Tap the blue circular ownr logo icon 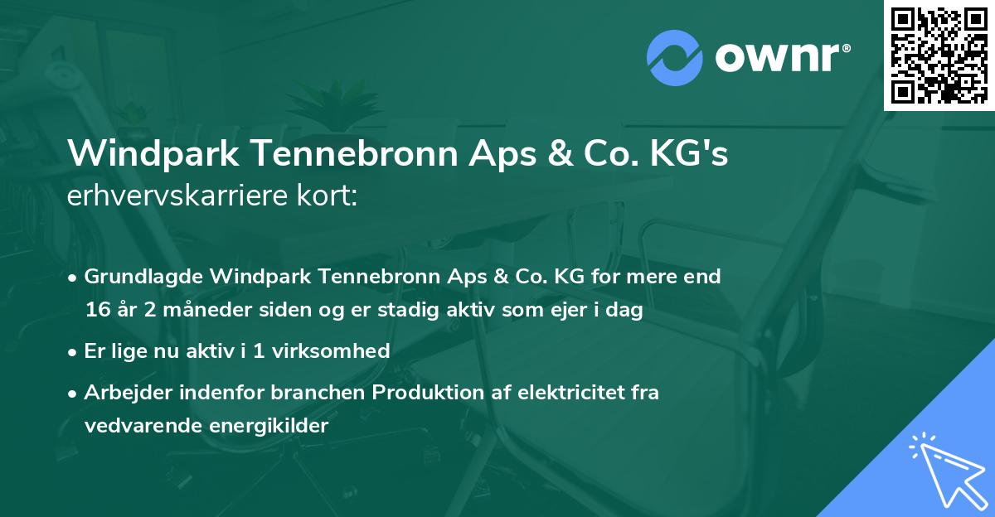[x=675, y=58]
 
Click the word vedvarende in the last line [x=135, y=426]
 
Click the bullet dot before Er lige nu [x=74, y=351]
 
